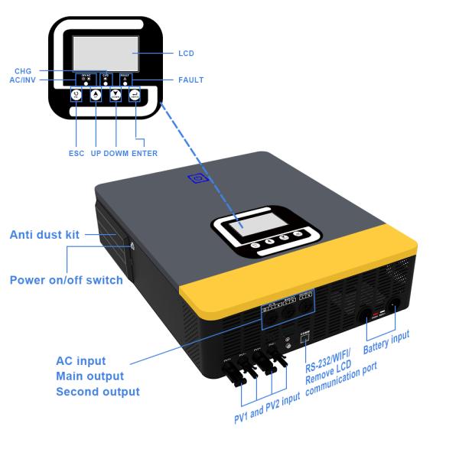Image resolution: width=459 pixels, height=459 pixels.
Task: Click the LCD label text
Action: [186, 54]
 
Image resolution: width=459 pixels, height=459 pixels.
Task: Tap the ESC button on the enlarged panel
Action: [76, 96]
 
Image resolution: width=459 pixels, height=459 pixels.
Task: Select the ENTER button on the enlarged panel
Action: [135, 96]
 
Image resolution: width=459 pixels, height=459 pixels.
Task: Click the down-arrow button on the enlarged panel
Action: [116, 96]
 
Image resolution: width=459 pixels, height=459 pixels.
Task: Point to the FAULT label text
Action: [190, 80]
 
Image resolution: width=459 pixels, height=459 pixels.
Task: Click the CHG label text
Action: [23, 70]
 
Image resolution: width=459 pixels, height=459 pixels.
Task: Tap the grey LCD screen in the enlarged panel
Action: [105, 53]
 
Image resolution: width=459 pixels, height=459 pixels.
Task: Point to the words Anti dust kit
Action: [44, 235]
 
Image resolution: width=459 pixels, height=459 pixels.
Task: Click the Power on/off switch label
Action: [66, 280]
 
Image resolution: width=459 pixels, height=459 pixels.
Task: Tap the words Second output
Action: [98, 392]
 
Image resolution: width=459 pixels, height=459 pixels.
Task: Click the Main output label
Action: [90, 376]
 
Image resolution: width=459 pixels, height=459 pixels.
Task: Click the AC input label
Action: [81, 361]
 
